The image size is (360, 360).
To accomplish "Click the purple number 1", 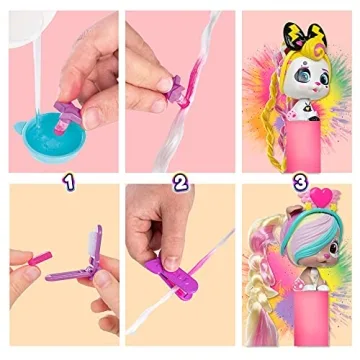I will tap(65, 182).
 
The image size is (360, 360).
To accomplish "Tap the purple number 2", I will tap(181, 182).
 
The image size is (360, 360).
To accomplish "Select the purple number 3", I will tap(297, 182).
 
